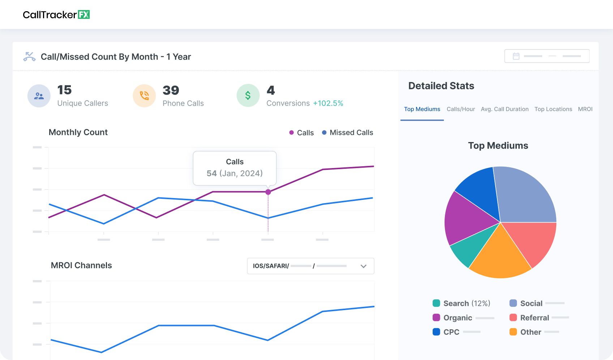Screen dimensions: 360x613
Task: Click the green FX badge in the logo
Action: tap(84, 14)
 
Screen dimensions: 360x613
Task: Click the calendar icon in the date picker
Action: tap(516, 56)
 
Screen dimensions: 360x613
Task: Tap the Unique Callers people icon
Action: tap(39, 96)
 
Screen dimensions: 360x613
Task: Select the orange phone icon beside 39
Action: tap(144, 96)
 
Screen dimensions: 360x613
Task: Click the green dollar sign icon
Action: tap(248, 95)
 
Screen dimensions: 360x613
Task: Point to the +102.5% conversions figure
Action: tap(328, 103)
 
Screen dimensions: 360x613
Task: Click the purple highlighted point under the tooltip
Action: tap(268, 192)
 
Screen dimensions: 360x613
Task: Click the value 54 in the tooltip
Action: tap(211, 173)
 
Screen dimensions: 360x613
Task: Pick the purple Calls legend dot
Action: tap(291, 133)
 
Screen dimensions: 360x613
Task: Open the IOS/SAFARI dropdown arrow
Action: tap(364, 266)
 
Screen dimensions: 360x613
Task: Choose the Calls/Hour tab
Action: tap(460, 109)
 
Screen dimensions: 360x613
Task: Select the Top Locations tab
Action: tap(553, 109)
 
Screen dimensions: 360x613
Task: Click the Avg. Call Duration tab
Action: tap(505, 109)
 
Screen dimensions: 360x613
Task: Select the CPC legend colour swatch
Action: tap(436, 332)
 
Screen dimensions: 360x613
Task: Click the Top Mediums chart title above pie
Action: tap(498, 146)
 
